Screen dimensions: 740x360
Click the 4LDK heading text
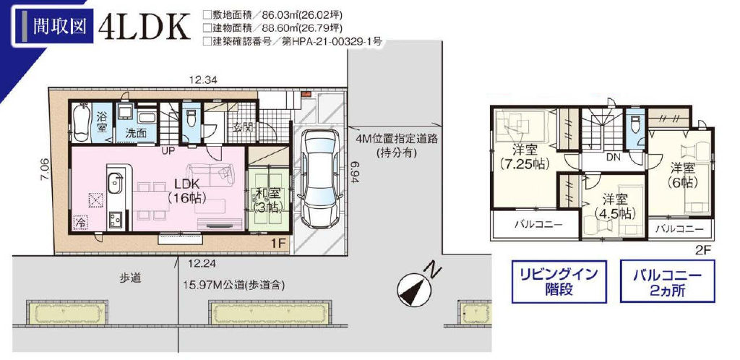pos(145,27)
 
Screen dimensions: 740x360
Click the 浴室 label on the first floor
pos(100,121)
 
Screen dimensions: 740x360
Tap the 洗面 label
pos(135,133)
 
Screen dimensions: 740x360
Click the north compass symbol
pos(417,286)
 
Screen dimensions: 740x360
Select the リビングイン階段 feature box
pos(559,281)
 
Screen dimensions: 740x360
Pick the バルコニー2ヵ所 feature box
pos(667,281)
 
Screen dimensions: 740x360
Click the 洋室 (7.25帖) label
pos(525,157)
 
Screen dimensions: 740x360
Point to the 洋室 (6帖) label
pos(682,174)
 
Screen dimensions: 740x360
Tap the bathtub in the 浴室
pos(82,121)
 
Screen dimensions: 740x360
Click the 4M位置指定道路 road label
pos(398,145)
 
